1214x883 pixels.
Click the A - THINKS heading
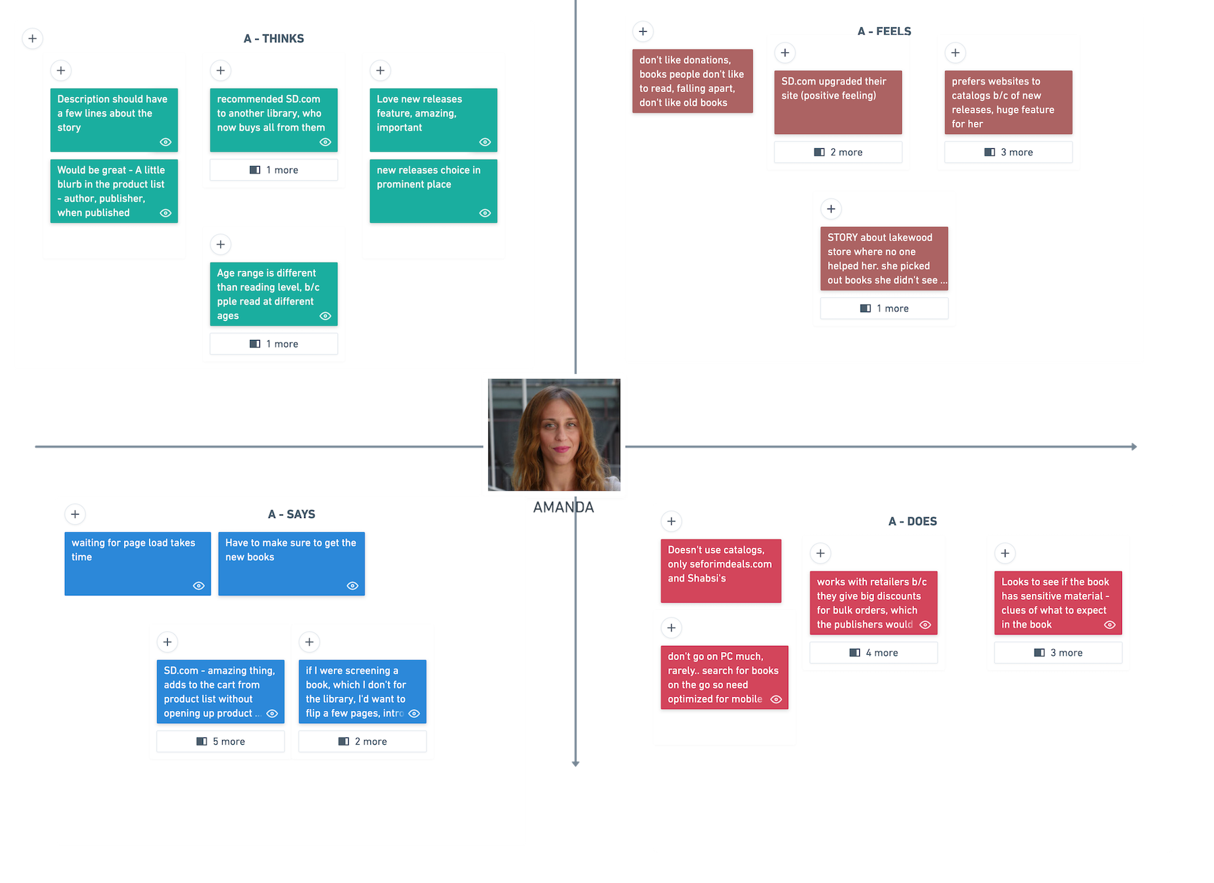(274, 39)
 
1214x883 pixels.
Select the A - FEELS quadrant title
(884, 31)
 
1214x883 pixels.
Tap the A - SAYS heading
(291, 514)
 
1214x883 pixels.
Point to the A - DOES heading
(912, 521)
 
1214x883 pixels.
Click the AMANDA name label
(563, 507)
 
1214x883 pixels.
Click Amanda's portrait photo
(554, 435)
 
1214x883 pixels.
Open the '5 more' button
(221, 741)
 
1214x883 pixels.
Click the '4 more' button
(873, 653)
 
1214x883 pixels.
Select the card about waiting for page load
(137, 563)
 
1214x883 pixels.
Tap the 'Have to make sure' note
(291, 563)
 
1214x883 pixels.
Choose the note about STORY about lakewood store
(884, 259)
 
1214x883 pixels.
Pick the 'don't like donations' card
(692, 81)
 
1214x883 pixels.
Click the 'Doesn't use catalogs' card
(720, 570)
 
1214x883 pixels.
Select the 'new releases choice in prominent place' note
(433, 191)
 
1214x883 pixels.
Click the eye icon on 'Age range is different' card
(325, 316)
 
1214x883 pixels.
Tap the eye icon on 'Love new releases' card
(485, 142)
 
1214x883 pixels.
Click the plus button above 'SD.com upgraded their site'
(785, 53)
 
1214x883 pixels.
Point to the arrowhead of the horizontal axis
(1134, 447)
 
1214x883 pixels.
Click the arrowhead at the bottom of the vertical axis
(576, 763)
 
